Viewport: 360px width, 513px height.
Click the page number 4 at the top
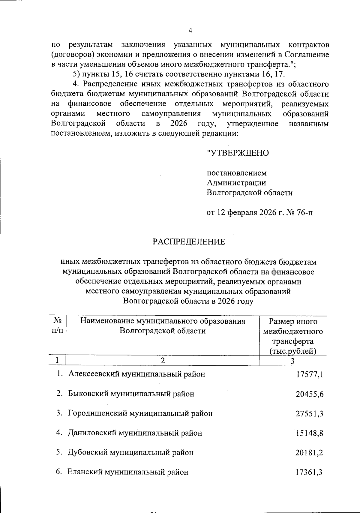[x=190, y=30]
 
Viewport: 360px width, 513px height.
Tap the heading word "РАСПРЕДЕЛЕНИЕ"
[x=189, y=242]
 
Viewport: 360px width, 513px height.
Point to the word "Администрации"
[x=236, y=183]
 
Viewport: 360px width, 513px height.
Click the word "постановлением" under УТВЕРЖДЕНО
[x=237, y=173]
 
